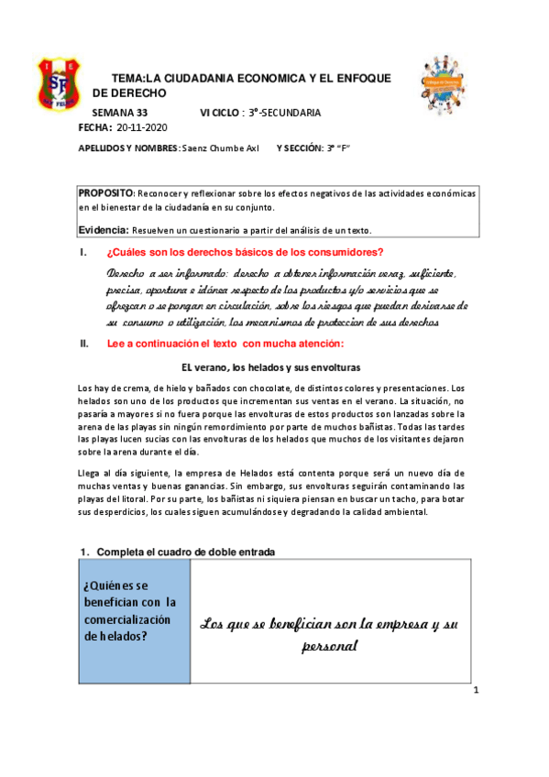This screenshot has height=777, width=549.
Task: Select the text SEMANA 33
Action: [x=120, y=112]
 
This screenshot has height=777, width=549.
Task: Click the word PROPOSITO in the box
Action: [x=106, y=193]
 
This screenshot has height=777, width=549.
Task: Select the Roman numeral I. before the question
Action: [x=84, y=253]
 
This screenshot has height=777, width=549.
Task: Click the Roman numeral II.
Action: [x=85, y=344]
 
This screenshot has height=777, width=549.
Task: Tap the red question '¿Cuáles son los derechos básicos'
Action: [x=245, y=253]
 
